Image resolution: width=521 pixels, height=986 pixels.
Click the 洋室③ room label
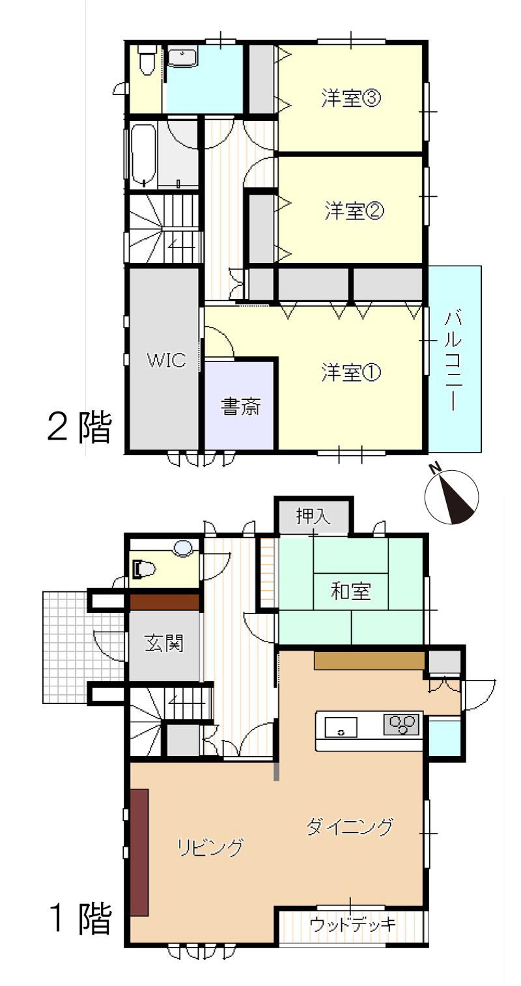click(351, 98)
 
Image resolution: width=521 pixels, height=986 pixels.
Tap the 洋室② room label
click(354, 211)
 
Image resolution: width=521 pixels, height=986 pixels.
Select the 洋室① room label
click(351, 373)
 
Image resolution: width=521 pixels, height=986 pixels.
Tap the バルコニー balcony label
click(454, 361)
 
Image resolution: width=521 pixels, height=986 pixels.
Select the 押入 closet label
click(313, 516)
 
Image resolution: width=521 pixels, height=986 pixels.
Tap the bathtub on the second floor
click(143, 155)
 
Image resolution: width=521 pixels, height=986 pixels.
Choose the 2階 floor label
click(79, 426)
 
